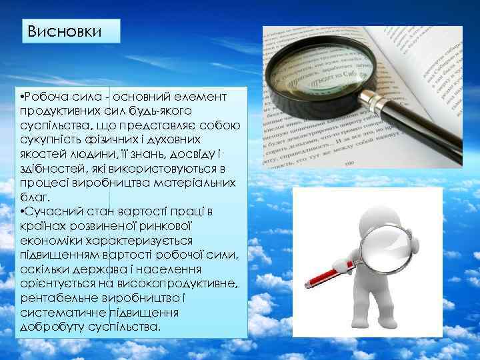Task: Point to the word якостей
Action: [43, 155]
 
